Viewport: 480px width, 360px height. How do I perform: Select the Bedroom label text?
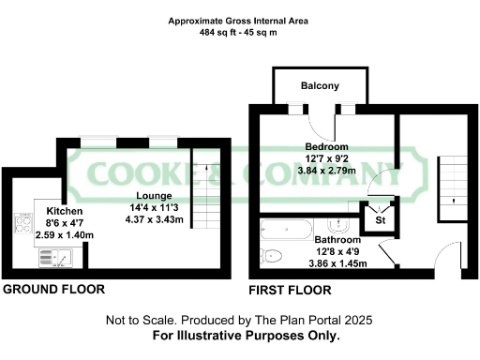[x=326, y=147]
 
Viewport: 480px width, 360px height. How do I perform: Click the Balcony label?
[x=320, y=86]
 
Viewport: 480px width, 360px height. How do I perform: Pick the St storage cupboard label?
[x=381, y=220]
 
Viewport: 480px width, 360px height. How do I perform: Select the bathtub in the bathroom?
[x=286, y=229]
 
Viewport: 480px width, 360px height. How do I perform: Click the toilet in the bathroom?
[x=274, y=255]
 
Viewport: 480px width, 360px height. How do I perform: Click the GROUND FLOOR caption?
[x=54, y=289]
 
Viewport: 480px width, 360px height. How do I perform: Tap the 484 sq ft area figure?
[x=217, y=33]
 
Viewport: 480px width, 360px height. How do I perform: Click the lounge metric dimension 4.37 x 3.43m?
[x=156, y=219]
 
